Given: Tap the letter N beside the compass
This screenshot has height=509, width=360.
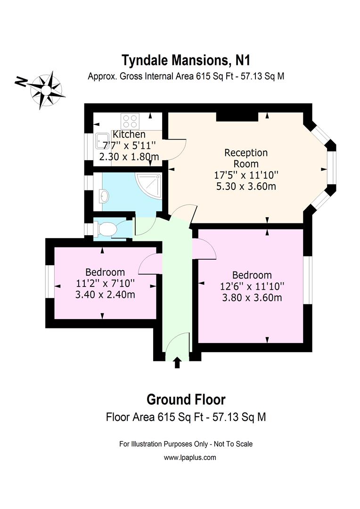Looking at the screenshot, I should [20, 82].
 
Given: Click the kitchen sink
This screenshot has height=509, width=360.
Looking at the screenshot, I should [102, 140].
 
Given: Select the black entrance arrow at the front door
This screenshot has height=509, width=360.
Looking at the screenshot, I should [177, 362].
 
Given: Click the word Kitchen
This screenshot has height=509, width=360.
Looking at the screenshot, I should [129, 135].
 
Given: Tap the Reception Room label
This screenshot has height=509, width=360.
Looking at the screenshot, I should [245, 158].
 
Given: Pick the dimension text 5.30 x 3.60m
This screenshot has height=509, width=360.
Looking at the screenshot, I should [245, 186].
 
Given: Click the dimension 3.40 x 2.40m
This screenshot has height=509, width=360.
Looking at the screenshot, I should [105, 295].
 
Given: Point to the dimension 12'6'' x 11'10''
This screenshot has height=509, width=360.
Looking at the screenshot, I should [252, 286].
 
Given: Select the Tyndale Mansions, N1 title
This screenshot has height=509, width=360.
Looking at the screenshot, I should [186, 60].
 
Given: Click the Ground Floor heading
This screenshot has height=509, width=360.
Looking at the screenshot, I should [186, 400].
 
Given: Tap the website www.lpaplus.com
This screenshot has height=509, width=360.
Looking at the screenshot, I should [190, 457].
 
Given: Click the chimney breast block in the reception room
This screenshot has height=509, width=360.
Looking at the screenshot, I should [237, 117].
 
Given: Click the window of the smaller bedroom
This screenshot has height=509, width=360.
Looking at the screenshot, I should [50, 282].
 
